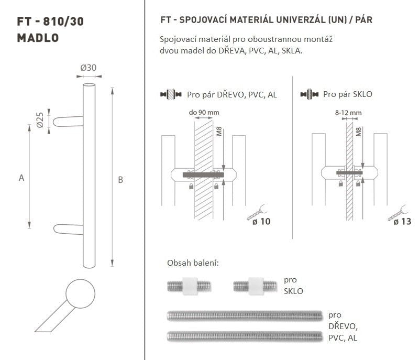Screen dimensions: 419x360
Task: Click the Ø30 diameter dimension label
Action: point(89,68)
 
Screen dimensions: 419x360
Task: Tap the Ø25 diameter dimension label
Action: point(40,120)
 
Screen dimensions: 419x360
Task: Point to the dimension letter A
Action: point(21,178)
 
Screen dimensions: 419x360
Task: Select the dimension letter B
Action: point(120,180)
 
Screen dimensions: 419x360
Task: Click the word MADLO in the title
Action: point(38,38)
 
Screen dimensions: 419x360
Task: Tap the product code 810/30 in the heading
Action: point(63,21)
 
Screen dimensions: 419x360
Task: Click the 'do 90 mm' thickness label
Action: point(204,113)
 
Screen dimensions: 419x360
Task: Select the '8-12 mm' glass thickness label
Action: point(348,113)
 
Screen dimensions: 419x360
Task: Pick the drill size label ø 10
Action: point(261,221)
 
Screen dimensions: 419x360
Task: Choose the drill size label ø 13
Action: point(402,222)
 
